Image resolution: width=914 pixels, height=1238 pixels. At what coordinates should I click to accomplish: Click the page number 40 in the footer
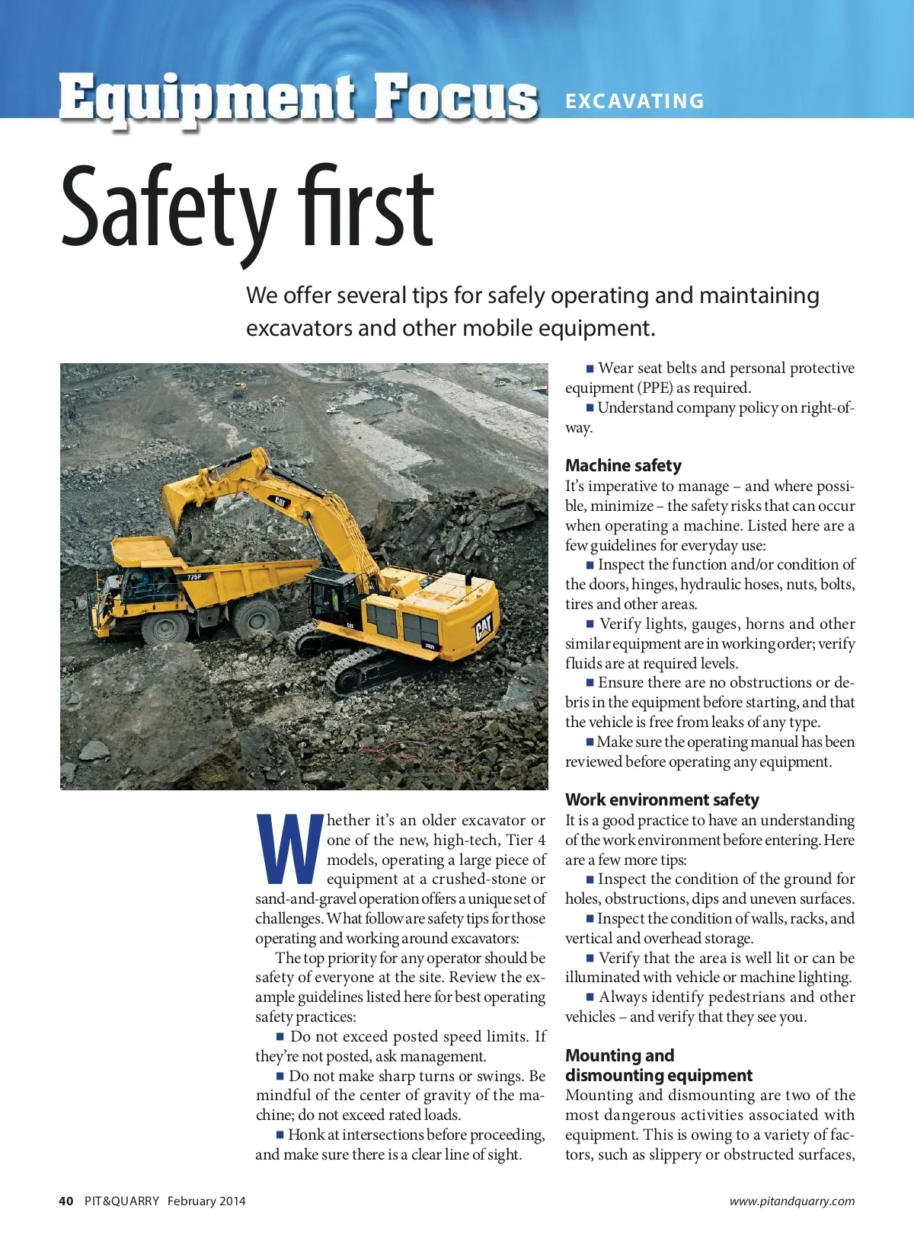pos(66,1201)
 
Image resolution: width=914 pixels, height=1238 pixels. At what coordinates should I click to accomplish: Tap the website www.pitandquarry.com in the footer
pos(791,1201)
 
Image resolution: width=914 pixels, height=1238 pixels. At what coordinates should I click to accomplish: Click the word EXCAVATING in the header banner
pos(634,101)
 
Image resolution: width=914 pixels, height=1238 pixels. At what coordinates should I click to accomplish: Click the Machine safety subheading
pos(623,465)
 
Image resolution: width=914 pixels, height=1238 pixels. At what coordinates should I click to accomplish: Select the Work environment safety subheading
pos(662,799)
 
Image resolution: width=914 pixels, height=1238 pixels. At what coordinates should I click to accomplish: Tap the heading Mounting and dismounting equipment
pos(658,1065)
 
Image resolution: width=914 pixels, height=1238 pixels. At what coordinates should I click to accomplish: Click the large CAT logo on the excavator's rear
pos(484,629)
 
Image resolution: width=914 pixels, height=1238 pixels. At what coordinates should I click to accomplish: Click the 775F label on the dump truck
pos(194,577)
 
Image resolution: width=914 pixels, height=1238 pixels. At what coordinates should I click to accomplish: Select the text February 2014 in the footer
pos(206,1201)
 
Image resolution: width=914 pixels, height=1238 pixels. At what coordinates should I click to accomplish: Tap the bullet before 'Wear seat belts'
pos(590,369)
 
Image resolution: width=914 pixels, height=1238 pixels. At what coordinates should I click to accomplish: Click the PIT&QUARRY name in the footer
pos(122,1201)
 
